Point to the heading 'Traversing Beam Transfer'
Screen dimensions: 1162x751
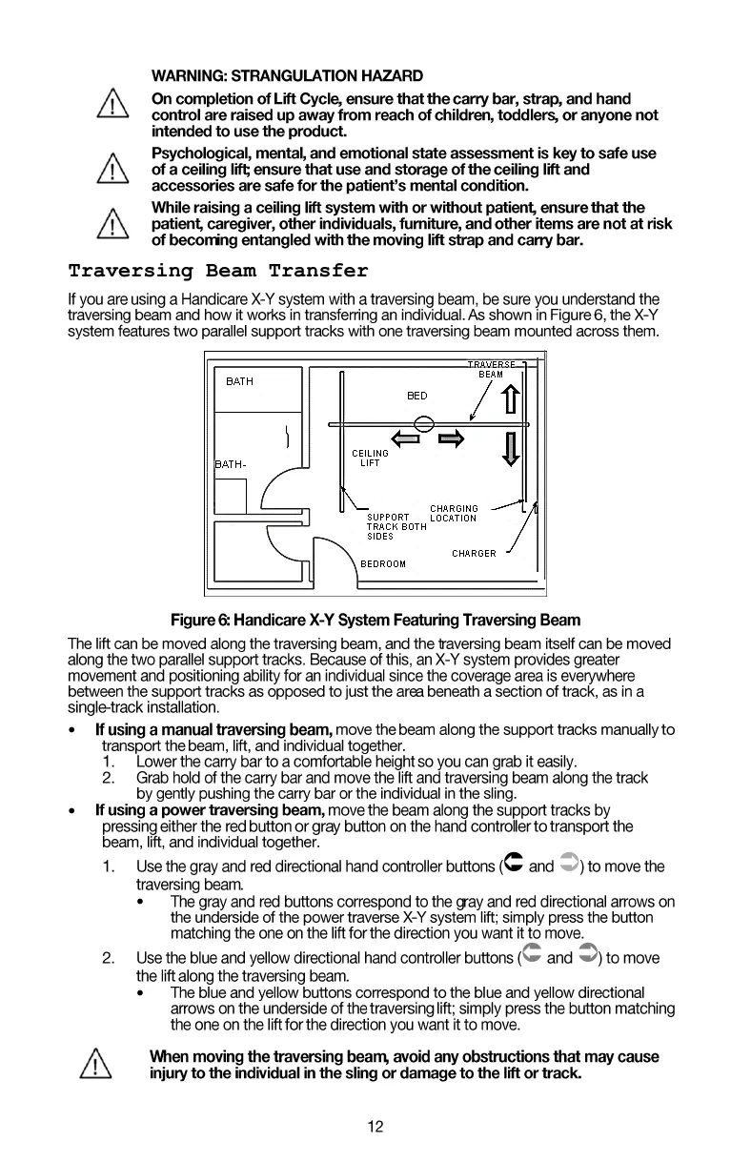coord(218,272)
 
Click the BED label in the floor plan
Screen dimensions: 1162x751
coord(416,396)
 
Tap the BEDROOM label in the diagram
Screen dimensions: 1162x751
coord(382,563)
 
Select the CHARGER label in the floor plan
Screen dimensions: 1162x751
coord(474,554)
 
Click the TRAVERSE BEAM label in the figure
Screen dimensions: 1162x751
coord(491,369)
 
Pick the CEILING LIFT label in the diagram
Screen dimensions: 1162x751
coord(370,459)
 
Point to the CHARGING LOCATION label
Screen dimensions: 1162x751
coord(454,514)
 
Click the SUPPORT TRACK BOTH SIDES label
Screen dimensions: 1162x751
coord(396,526)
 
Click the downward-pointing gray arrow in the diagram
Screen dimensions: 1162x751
coord(511,447)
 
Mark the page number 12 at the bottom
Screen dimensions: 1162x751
coord(375,1128)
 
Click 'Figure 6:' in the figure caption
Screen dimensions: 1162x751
coord(198,622)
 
